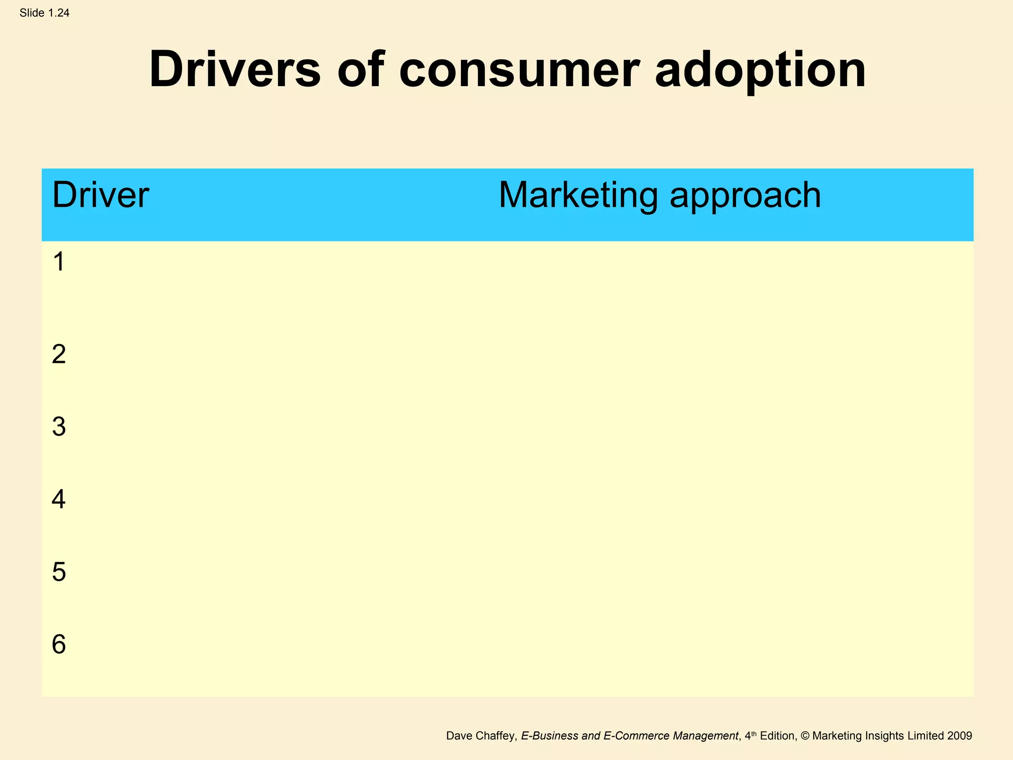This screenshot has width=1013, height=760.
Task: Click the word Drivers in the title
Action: (234, 70)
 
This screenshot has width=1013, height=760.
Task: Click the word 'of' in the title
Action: (361, 70)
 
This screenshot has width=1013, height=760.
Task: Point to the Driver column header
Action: (100, 195)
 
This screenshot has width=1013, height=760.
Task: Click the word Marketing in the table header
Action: (578, 195)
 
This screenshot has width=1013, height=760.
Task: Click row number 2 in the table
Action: (59, 354)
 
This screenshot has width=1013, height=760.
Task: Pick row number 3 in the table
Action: (59, 427)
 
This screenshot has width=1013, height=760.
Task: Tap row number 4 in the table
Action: (59, 499)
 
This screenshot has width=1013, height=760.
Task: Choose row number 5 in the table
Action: (59, 572)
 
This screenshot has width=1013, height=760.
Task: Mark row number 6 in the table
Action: (59, 644)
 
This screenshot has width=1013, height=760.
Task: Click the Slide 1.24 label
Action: (45, 13)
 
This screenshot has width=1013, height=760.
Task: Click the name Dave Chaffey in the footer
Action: (481, 736)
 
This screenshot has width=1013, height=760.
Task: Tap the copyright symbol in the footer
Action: (804, 736)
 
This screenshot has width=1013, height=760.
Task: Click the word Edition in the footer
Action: (778, 736)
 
